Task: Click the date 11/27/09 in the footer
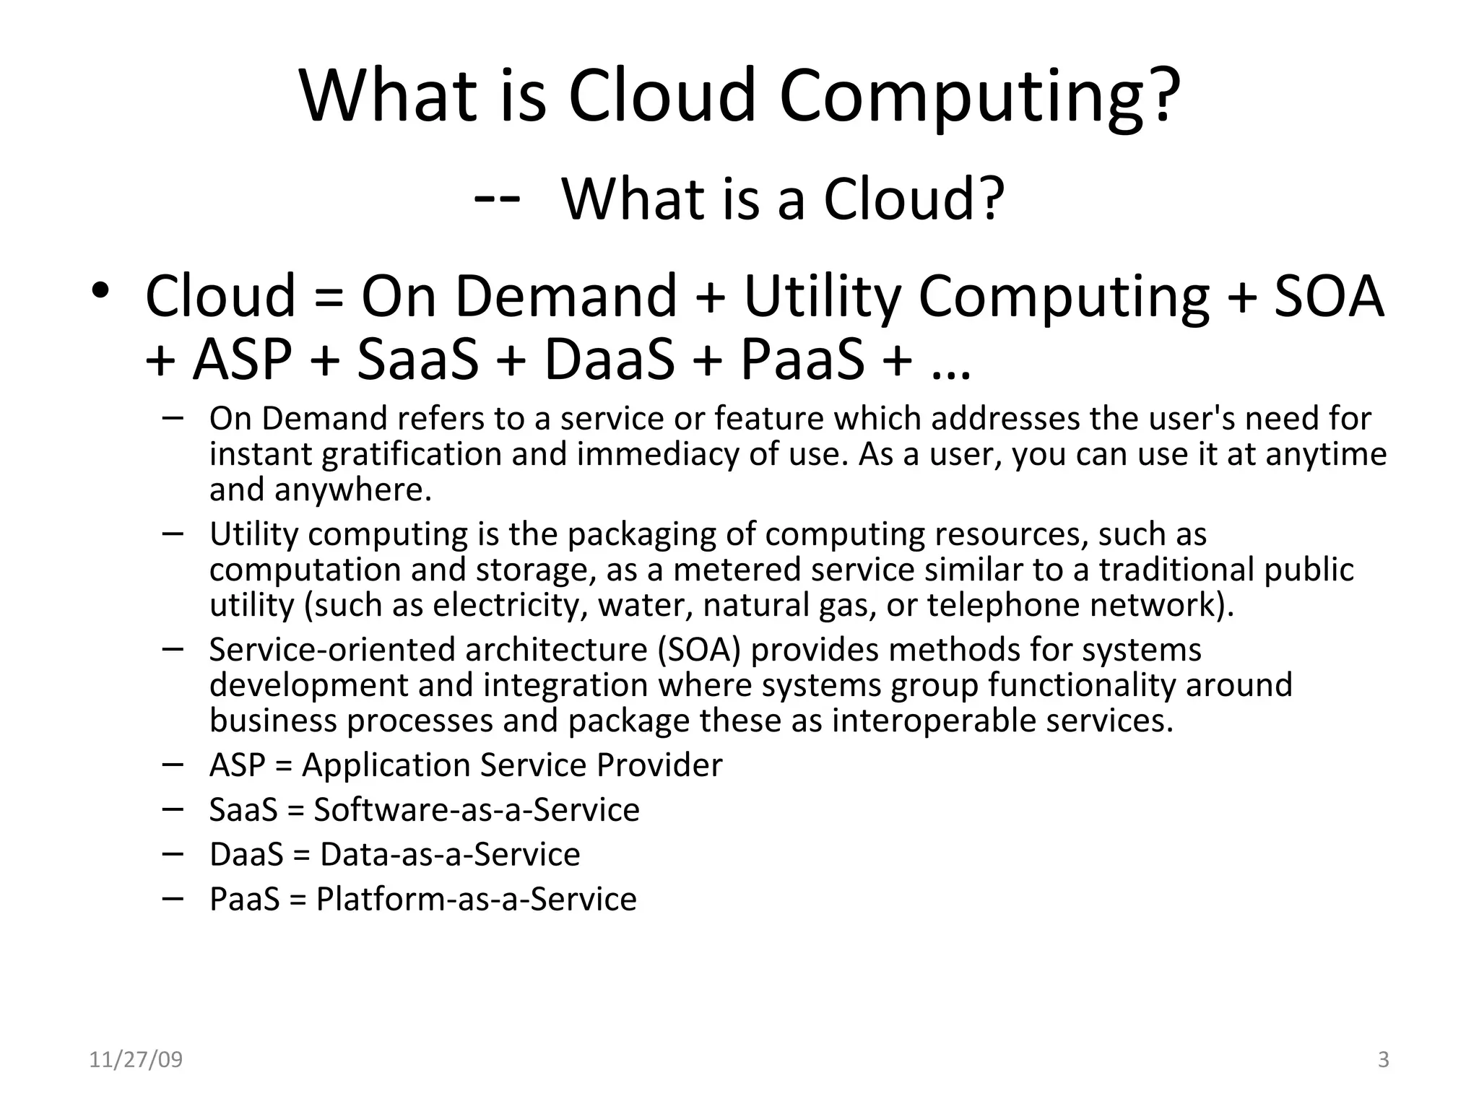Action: [136, 1060]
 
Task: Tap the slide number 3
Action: [1383, 1060]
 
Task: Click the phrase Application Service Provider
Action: [512, 765]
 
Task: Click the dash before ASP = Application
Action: [173, 764]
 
